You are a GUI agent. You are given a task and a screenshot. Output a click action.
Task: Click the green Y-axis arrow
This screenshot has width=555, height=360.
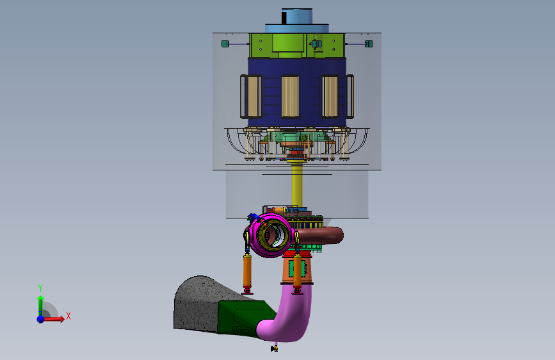[40, 306]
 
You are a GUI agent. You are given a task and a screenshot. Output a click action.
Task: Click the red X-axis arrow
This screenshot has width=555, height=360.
[53, 319]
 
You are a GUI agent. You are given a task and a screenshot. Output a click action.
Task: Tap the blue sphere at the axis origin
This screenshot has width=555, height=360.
[41, 319]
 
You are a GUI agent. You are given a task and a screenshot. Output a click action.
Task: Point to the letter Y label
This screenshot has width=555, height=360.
[40, 288]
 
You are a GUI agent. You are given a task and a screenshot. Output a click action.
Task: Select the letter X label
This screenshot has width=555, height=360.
[68, 316]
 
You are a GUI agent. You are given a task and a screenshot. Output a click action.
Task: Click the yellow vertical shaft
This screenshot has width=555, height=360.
[296, 184]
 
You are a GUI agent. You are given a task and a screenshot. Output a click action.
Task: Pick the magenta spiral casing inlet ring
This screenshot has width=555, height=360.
[270, 234]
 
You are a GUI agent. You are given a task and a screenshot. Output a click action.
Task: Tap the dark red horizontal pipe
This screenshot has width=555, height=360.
[320, 235]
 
